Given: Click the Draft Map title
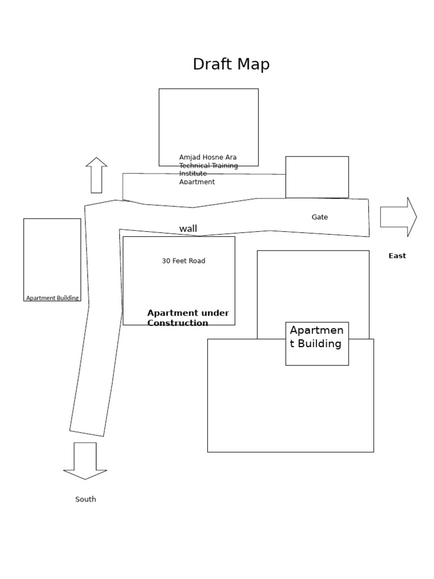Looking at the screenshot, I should coord(231,64).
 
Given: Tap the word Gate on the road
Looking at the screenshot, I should coord(320,217).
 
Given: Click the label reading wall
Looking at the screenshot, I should coord(188,229).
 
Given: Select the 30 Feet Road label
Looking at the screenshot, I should coord(184,261).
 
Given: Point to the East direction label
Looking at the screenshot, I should coord(397,256).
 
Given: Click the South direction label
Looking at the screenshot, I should coord(86,499).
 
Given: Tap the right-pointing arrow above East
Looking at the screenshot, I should coord(398,217).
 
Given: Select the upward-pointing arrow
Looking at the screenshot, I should coord(97,175).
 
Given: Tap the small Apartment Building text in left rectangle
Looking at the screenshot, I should coord(53,298).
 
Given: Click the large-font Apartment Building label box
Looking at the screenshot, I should coord(316,343).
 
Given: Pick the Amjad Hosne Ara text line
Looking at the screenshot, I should coord(208,157).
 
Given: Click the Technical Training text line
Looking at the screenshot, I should coord(209,166).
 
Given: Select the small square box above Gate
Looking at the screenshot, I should coord(317,177).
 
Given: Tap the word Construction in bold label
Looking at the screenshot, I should coord(177,323).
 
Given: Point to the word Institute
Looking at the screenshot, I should coord(193,174).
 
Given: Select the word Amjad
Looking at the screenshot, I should coord(189,157).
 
